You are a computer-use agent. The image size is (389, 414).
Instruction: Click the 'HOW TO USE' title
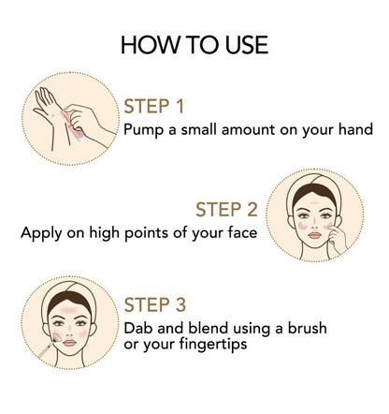(194, 45)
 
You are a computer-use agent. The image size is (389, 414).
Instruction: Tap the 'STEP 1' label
(154, 107)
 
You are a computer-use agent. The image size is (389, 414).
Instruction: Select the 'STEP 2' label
(226, 210)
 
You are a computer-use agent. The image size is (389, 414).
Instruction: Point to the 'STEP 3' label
(155, 304)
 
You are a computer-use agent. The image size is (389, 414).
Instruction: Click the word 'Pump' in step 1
(143, 130)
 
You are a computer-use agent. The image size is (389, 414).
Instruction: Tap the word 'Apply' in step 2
(41, 233)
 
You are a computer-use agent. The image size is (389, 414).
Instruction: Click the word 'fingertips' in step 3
(213, 345)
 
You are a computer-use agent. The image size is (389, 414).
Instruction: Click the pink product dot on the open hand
(53, 115)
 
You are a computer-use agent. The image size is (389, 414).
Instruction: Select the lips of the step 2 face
(314, 235)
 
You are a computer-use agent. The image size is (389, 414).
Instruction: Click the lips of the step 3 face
(69, 343)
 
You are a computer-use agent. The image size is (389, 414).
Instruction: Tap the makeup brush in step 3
(50, 346)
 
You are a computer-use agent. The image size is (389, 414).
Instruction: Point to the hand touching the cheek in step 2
(337, 240)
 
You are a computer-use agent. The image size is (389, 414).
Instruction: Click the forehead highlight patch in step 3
(69, 310)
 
